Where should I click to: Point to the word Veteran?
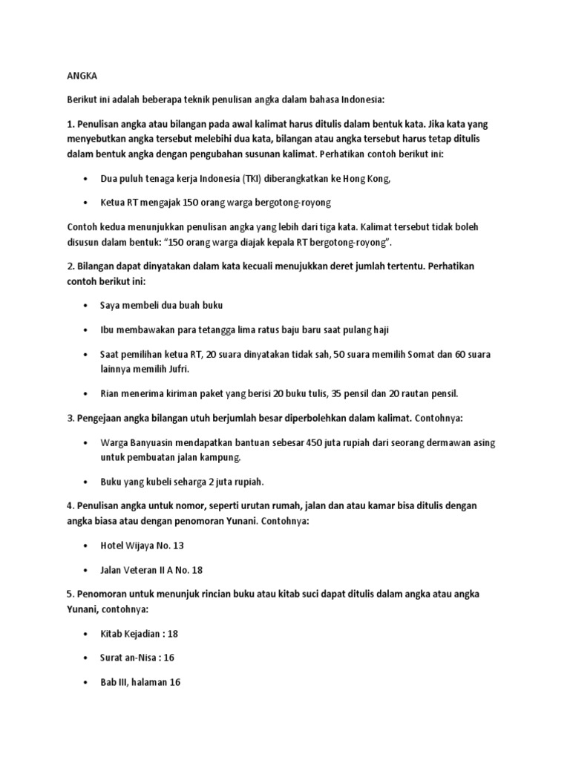(x=145, y=569)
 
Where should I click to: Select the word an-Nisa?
(x=145, y=658)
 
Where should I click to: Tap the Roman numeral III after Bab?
(x=125, y=681)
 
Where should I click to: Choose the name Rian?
(x=112, y=393)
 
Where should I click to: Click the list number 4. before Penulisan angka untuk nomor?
(x=71, y=505)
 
